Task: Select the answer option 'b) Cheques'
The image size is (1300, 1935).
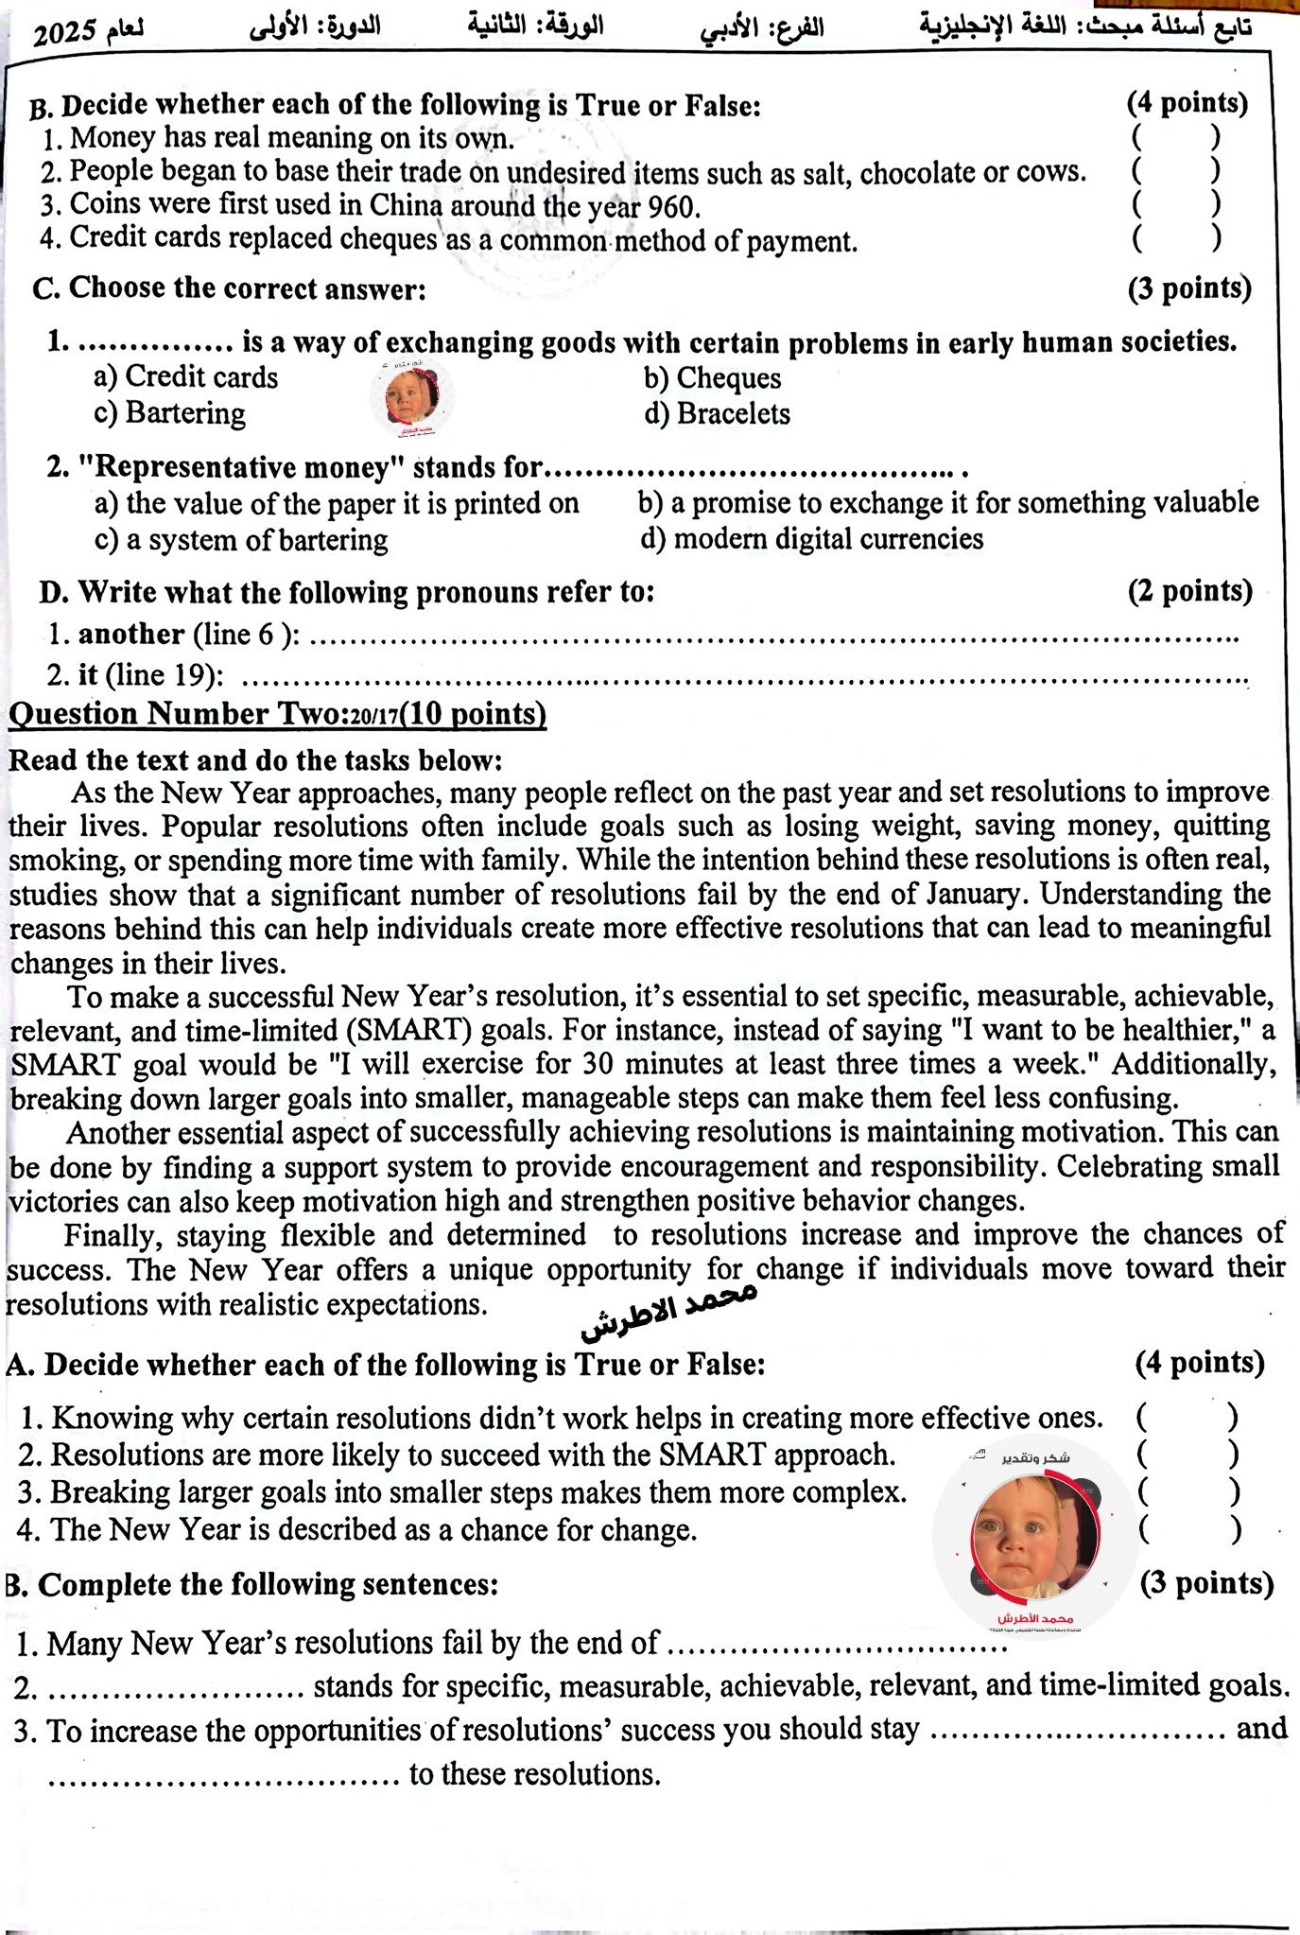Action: pyautogui.click(x=713, y=378)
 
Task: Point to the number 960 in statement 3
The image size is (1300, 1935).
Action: pyautogui.click(x=672, y=205)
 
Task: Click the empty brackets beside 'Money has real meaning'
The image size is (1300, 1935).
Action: pyautogui.click(x=1175, y=138)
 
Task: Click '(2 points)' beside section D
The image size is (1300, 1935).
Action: pyautogui.click(x=1189, y=591)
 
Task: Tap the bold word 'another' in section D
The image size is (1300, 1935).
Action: pyautogui.click(x=130, y=634)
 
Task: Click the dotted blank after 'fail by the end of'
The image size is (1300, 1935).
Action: pyautogui.click(x=838, y=1646)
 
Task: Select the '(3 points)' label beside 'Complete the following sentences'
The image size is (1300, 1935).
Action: pyautogui.click(x=1206, y=1583)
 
